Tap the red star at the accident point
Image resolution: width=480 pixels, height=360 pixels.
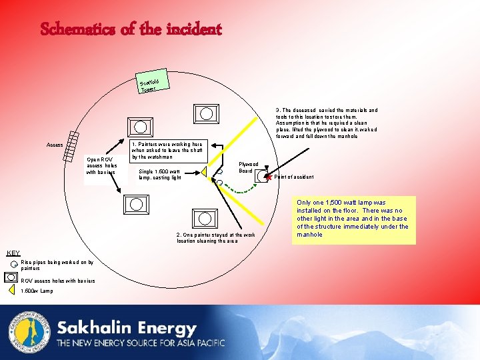tap(269, 177)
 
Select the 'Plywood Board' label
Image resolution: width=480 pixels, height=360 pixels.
tap(249, 167)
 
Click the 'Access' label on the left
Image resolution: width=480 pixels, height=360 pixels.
tap(55, 145)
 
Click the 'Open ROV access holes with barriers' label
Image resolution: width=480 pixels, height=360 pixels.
tap(101, 166)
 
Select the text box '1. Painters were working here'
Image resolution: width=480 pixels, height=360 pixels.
tap(169, 150)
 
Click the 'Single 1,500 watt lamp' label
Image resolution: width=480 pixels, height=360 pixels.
tap(159, 174)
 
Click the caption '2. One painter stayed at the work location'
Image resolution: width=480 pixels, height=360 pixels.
tap(215, 238)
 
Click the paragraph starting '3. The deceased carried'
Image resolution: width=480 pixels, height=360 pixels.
tap(326, 123)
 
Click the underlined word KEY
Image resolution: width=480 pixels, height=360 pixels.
tap(13, 253)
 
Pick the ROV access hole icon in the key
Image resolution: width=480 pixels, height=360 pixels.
tap(12, 278)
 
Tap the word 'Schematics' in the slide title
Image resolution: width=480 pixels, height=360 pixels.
tap(71, 29)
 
